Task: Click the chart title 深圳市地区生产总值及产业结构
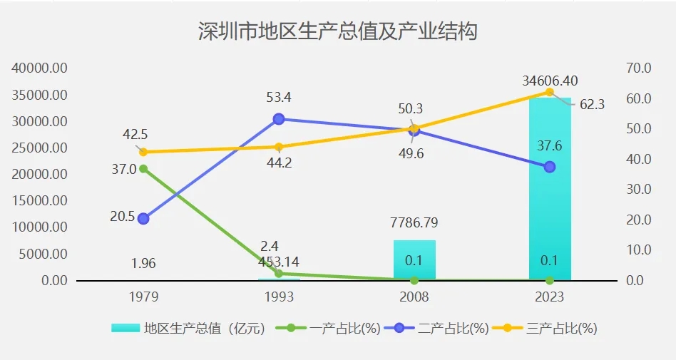pos(337,32)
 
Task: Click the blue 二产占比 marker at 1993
pos(279,119)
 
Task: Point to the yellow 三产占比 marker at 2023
pos(549,92)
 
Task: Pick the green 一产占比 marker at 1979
pos(143,169)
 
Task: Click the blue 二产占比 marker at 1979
pos(143,219)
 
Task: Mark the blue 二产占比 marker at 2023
pos(549,167)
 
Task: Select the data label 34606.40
pos(550,81)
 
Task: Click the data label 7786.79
pos(414,223)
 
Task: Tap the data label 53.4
pos(279,98)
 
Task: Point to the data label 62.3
pos(592,105)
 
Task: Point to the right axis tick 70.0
pos(639,68)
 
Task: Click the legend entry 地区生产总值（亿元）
pos(189,329)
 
